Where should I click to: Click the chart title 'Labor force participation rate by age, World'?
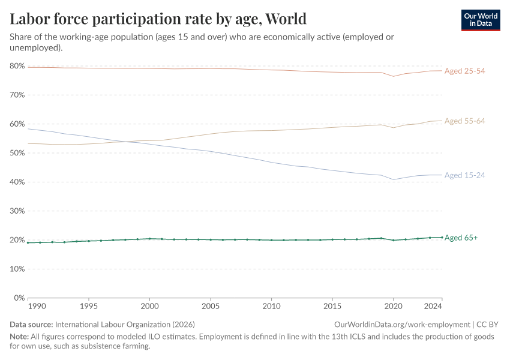click(158, 19)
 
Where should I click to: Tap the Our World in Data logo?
click(480, 20)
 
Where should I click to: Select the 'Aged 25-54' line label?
click(464, 71)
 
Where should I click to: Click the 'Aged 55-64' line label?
click(464, 121)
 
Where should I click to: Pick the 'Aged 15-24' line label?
click(464, 175)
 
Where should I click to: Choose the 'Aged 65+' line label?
click(461, 238)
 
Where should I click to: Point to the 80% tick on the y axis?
click(17, 66)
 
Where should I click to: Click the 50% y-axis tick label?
click(17, 153)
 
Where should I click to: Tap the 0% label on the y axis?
click(19, 298)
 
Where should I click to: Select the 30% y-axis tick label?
click(17, 211)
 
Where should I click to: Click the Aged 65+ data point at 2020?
click(394, 240)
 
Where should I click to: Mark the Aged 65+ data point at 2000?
click(150, 239)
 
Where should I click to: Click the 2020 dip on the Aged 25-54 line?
click(394, 76)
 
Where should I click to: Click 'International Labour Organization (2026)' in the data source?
click(125, 324)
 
